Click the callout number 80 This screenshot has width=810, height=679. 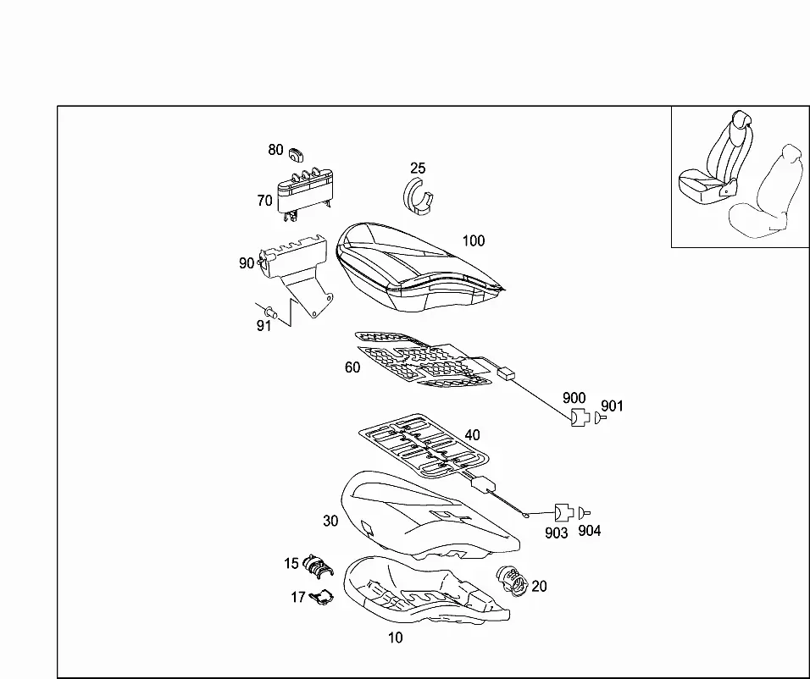pyautogui.click(x=275, y=150)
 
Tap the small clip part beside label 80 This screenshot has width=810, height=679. pyautogui.click(x=297, y=153)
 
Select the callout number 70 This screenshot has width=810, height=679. pyautogui.click(x=264, y=201)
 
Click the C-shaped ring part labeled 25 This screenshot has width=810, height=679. pyautogui.click(x=418, y=196)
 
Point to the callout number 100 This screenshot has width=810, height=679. pyautogui.click(x=473, y=240)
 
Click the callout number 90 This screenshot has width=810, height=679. pyautogui.click(x=247, y=263)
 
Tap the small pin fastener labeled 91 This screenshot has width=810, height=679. pyautogui.click(x=270, y=312)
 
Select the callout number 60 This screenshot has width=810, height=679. pyautogui.click(x=352, y=367)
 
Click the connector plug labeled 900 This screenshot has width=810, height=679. pyautogui.click(x=580, y=417)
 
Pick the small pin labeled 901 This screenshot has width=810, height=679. pyautogui.click(x=599, y=417)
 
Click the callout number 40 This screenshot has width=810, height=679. pyautogui.click(x=472, y=435)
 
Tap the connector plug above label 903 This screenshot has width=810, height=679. pyautogui.click(x=563, y=513)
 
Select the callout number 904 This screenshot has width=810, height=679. pyautogui.click(x=590, y=531)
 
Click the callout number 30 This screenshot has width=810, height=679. pyautogui.click(x=330, y=521)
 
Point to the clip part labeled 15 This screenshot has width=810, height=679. pyautogui.click(x=318, y=565)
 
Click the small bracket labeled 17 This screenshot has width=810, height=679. pyautogui.click(x=321, y=598)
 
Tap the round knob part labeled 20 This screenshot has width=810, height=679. pyautogui.click(x=512, y=581)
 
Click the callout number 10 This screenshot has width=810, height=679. pyautogui.click(x=395, y=638)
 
